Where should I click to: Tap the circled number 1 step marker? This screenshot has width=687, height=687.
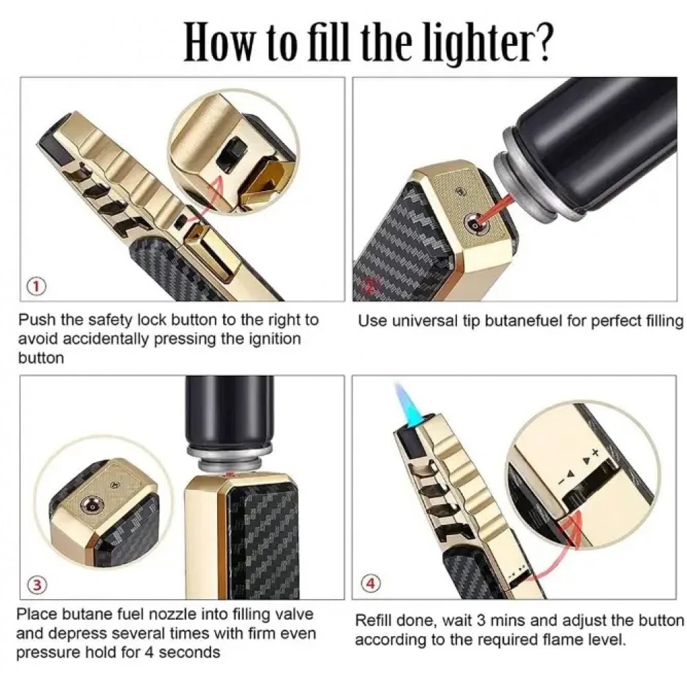(x=37, y=287)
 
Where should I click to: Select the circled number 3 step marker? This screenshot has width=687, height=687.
(x=36, y=585)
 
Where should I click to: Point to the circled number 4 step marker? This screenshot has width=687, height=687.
(x=371, y=583)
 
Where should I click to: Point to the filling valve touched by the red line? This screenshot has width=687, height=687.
(x=473, y=225)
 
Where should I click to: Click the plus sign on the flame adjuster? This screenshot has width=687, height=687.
(x=594, y=452)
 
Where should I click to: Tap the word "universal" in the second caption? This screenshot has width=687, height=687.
(x=424, y=321)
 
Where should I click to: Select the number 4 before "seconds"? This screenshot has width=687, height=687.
(x=149, y=653)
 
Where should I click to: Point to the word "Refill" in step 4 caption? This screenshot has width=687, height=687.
(x=374, y=621)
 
